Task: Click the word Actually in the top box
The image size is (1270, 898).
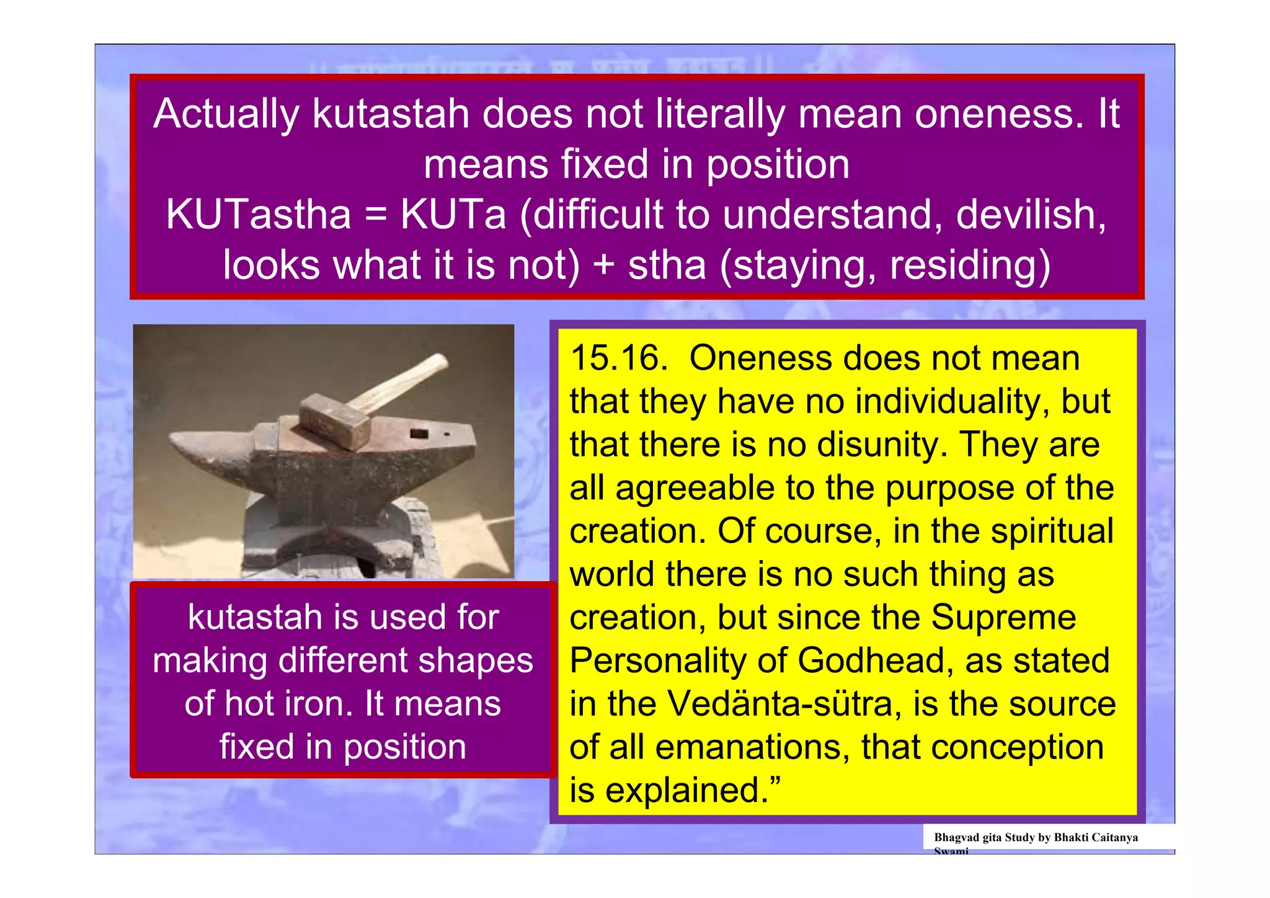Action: click(226, 115)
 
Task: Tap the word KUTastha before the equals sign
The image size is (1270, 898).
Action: click(259, 215)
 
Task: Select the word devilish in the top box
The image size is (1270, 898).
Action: click(1031, 215)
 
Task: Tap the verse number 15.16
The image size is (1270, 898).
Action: click(618, 358)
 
